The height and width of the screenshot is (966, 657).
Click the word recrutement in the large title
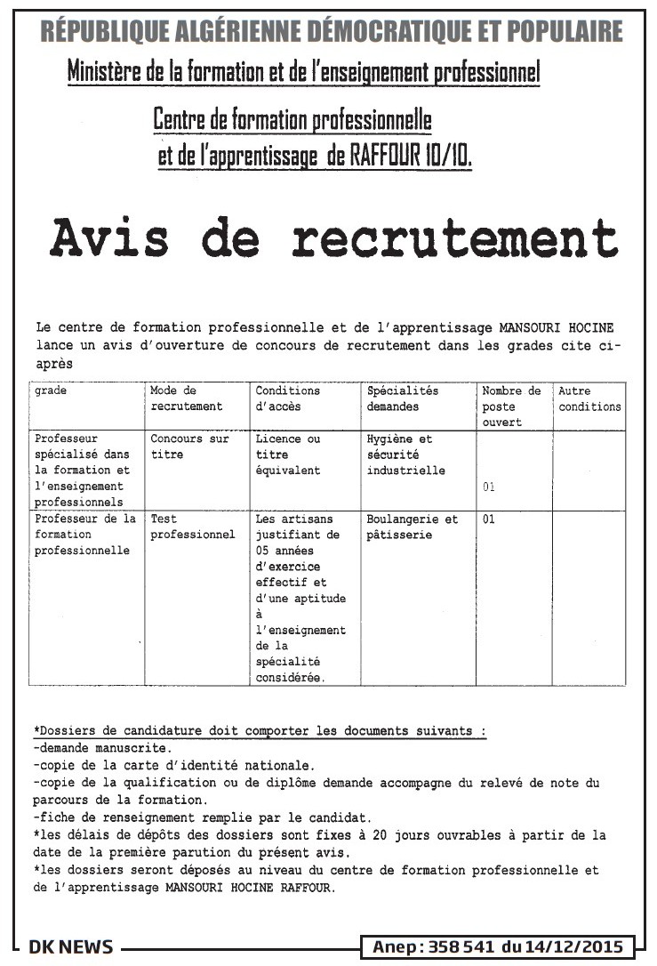(454, 238)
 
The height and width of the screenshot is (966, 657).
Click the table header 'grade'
(51, 391)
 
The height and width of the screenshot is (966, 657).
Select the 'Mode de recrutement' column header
(187, 398)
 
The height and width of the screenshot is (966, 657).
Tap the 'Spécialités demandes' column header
(403, 398)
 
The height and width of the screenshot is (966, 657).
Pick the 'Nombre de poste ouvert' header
(511, 407)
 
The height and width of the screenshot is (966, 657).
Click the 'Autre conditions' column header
(589, 398)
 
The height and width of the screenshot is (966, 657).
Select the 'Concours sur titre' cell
(189, 447)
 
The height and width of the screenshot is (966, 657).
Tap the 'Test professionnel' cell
(193, 527)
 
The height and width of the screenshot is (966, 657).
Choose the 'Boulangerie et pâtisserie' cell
(413, 527)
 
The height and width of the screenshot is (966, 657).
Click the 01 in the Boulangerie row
(489, 519)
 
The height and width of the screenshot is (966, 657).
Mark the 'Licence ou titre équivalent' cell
(288, 455)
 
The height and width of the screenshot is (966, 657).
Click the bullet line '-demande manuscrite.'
(102, 748)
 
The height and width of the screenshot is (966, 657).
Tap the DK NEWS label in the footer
(71, 946)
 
